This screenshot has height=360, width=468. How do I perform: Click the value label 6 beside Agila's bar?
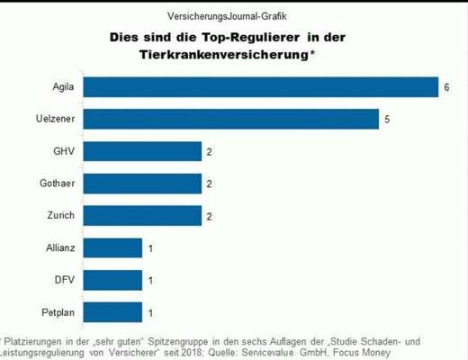(445, 87)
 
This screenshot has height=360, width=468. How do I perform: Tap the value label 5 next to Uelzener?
(386, 119)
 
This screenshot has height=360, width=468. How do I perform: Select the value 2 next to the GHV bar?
(209, 151)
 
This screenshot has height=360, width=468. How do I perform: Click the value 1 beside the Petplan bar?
(149, 312)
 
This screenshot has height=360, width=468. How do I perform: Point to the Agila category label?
(61, 87)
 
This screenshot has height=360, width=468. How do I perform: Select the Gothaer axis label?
(56, 184)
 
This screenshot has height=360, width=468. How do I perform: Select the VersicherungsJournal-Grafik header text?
(229, 16)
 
